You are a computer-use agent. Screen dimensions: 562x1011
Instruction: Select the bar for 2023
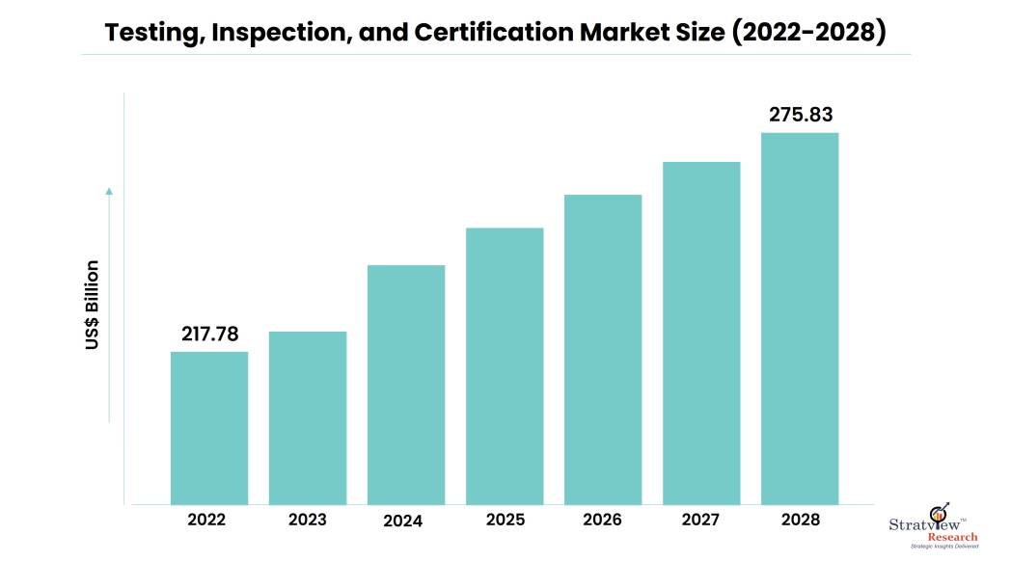308,417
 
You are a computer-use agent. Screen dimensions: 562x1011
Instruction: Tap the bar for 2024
406,384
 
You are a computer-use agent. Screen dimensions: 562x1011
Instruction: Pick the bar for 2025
505,365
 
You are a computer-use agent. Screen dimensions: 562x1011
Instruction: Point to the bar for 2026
603,349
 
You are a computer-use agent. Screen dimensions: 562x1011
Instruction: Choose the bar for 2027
701,333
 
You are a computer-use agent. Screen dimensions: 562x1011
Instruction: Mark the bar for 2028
800,318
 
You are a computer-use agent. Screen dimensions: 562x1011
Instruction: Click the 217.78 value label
210,334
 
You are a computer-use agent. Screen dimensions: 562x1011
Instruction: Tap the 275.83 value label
801,114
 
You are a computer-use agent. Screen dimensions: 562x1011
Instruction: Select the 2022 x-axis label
207,520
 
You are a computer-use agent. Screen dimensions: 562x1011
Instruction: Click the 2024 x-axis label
402,521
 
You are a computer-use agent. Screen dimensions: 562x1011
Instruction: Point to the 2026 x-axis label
603,520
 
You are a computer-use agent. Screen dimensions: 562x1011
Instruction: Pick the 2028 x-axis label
800,520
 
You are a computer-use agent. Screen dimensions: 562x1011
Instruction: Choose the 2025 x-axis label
505,520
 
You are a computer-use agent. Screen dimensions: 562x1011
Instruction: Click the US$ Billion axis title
93,305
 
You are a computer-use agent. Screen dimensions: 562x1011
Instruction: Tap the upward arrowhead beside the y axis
109,191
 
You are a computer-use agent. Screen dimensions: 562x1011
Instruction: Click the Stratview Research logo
933,528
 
